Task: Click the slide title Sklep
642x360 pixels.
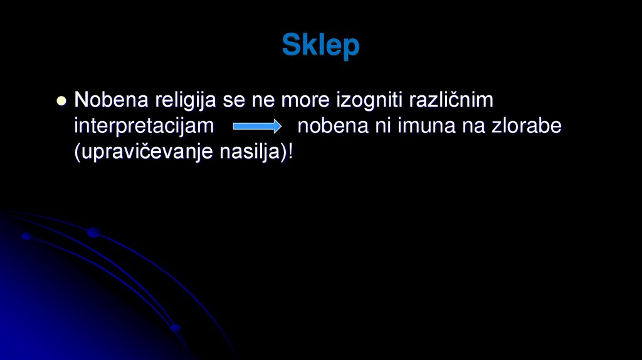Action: [x=320, y=46]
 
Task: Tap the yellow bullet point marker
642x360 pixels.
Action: [x=61, y=100]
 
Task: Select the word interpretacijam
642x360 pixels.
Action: [x=144, y=127]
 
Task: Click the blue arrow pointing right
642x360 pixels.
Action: [x=257, y=127]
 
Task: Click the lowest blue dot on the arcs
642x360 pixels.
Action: [x=175, y=328]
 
